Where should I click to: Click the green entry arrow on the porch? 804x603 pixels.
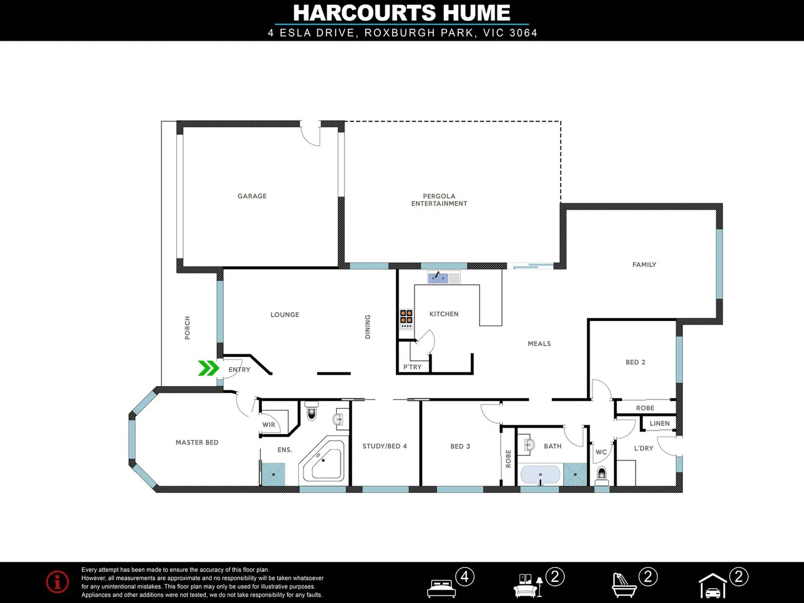[x=208, y=368]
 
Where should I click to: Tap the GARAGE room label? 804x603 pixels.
[x=252, y=196]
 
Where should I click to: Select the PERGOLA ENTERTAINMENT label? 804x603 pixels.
[x=439, y=200]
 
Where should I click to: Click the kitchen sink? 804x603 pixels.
[x=438, y=277]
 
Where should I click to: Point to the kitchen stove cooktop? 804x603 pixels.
[x=406, y=319]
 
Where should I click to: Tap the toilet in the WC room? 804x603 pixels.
[x=601, y=475]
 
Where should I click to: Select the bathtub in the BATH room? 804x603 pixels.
[x=540, y=475]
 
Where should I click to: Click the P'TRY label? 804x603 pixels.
[x=413, y=367]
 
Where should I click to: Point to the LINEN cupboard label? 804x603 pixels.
[x=659, y=424]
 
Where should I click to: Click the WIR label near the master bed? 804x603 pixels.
[x=269, y=425]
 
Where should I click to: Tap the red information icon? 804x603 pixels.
[x=58, y=582]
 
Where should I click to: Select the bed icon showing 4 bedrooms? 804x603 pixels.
[x=441, y=587]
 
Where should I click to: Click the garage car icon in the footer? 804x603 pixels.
[x=712, y=587]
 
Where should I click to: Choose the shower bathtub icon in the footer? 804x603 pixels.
[x=624, y=586]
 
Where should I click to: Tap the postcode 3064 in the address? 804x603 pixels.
[x=523, y=33]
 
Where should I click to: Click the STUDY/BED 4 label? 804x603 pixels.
[x=384, y=446]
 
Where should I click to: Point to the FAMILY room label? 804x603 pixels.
[x=644, y=265]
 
